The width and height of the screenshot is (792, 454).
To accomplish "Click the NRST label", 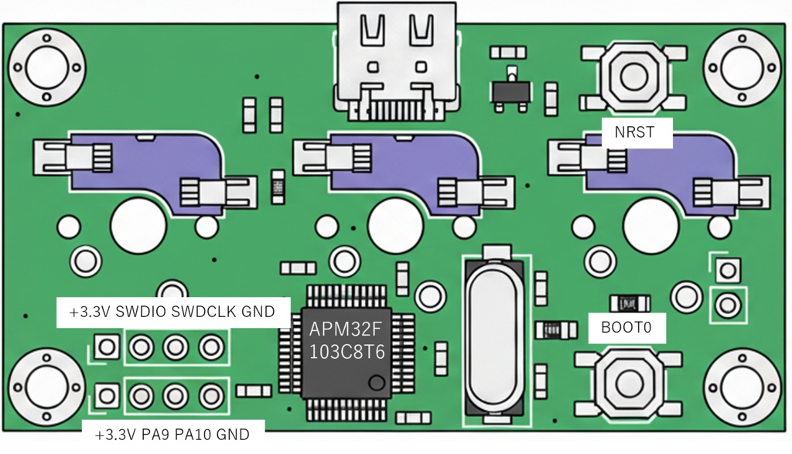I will pyautogui.click(x=634, y=132).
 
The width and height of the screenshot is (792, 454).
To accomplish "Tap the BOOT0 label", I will pyautogui.click(x=626, y=328).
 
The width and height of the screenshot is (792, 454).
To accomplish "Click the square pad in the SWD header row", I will pyautogui.click(x=106, y=346).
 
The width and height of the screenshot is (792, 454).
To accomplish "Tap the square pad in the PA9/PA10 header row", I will pyautogui.click(x=106, y=396).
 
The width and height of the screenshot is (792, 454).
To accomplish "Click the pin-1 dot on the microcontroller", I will pyautogui.click(x=377, y=382).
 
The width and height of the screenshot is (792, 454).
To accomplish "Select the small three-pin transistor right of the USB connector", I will pyautogui.click(x=510, y=87).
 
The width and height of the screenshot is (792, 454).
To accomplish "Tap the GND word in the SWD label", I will pyautogui.click(x=258, y=312).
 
